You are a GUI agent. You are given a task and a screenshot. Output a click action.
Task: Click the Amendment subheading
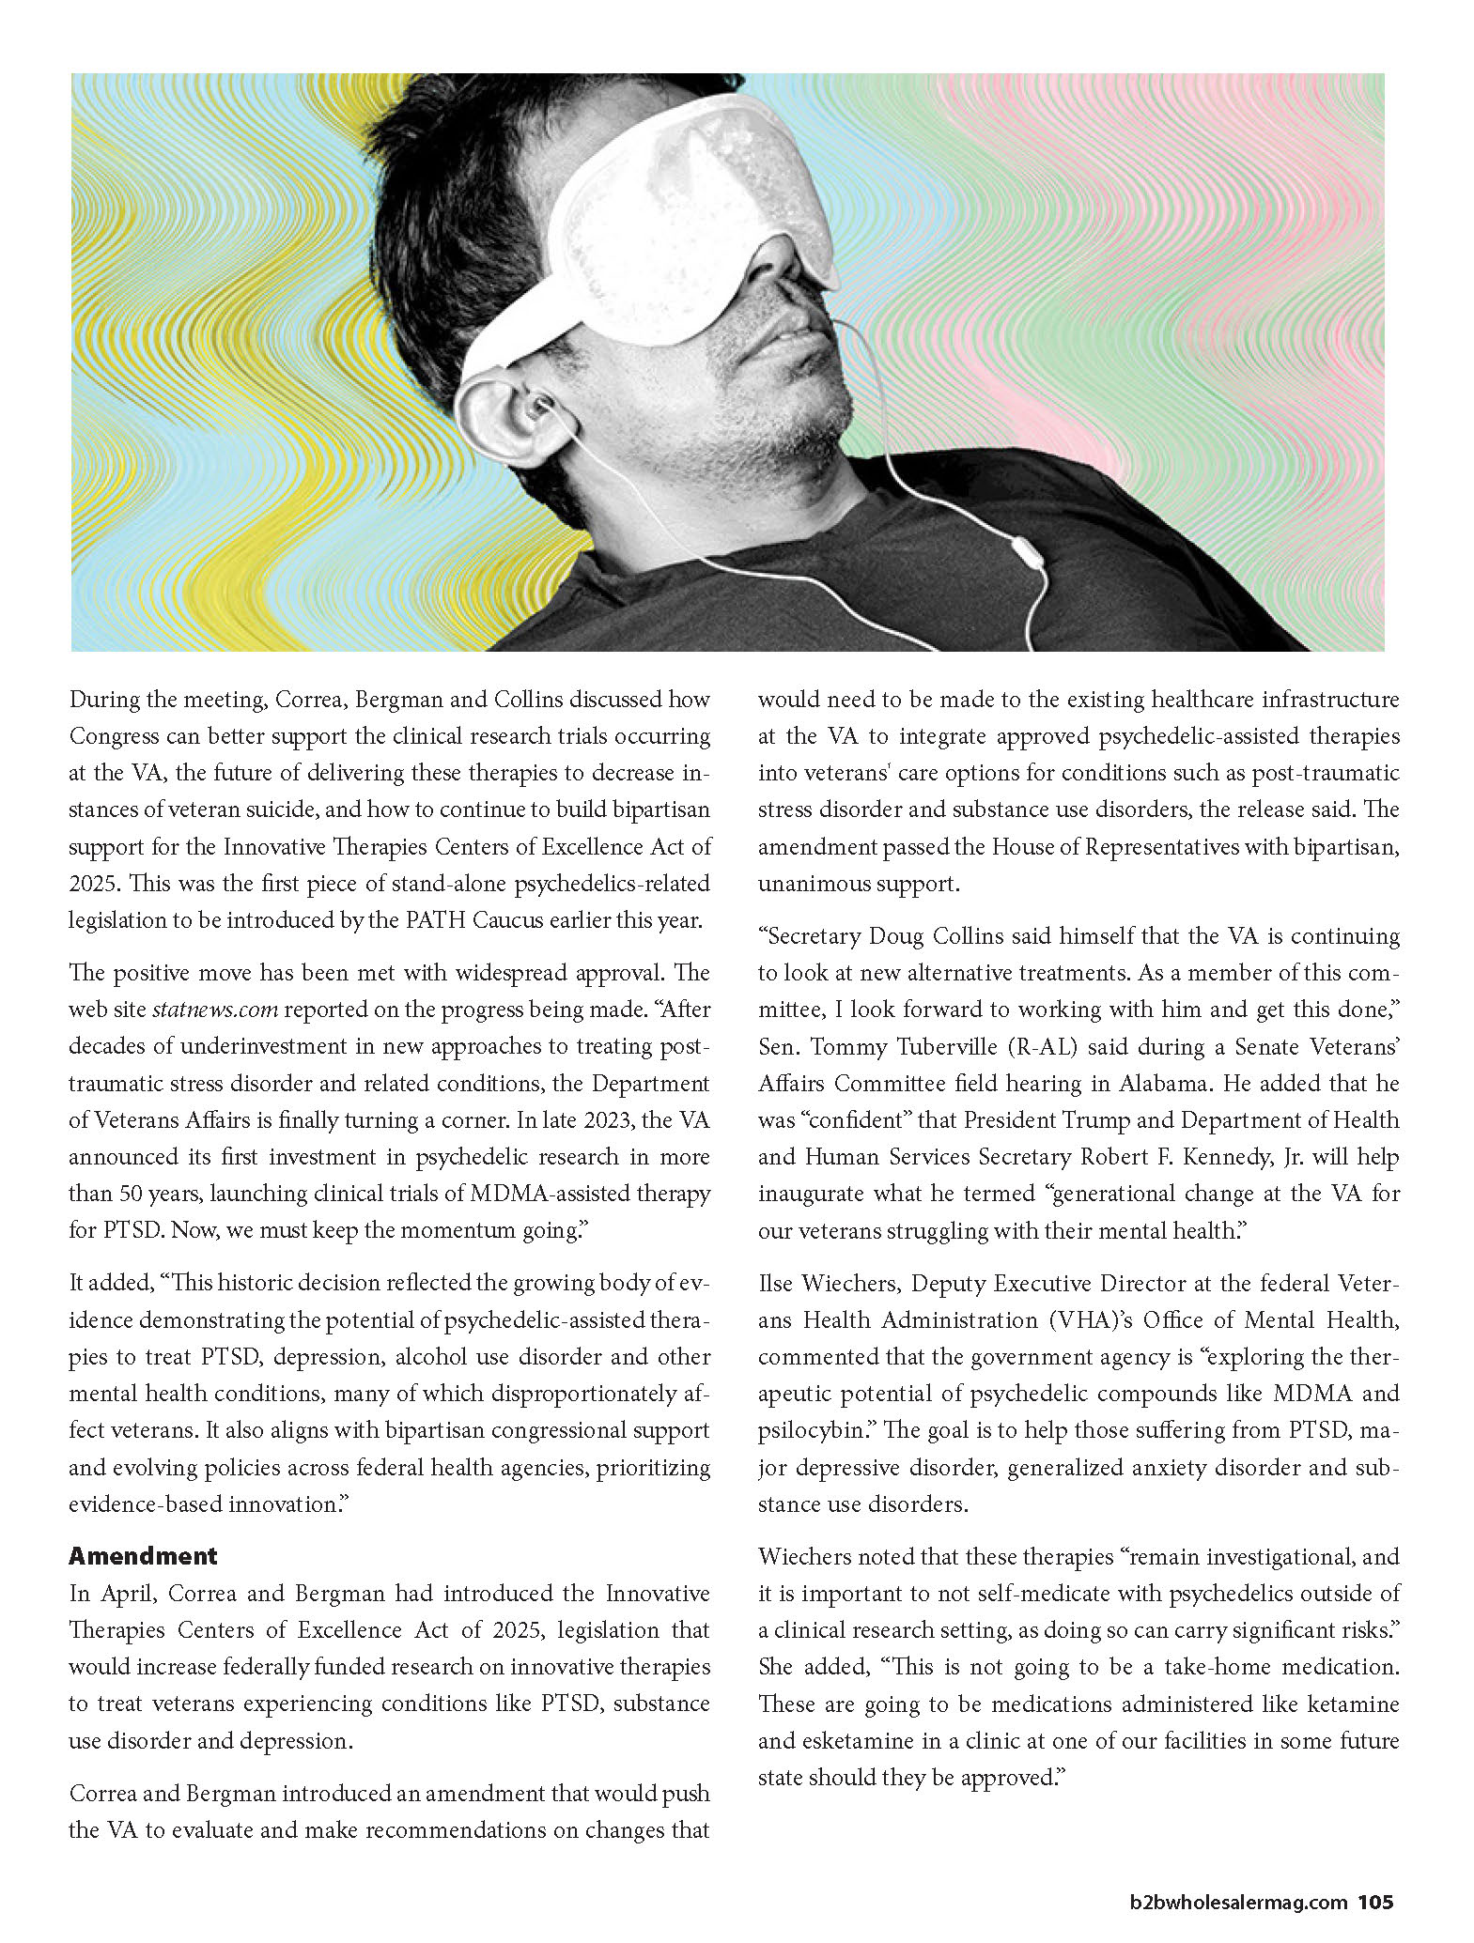click(x=143, y=1556)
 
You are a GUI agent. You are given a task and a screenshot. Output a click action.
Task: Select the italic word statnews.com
click(x=215, y=1010)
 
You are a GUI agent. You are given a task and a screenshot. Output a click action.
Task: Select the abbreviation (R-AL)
click(x=1034, y=1046)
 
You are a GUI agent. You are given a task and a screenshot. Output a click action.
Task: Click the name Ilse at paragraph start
click(x=778, y=1283)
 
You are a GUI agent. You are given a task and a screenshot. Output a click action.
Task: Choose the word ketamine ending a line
click(x=1350, y=1704)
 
